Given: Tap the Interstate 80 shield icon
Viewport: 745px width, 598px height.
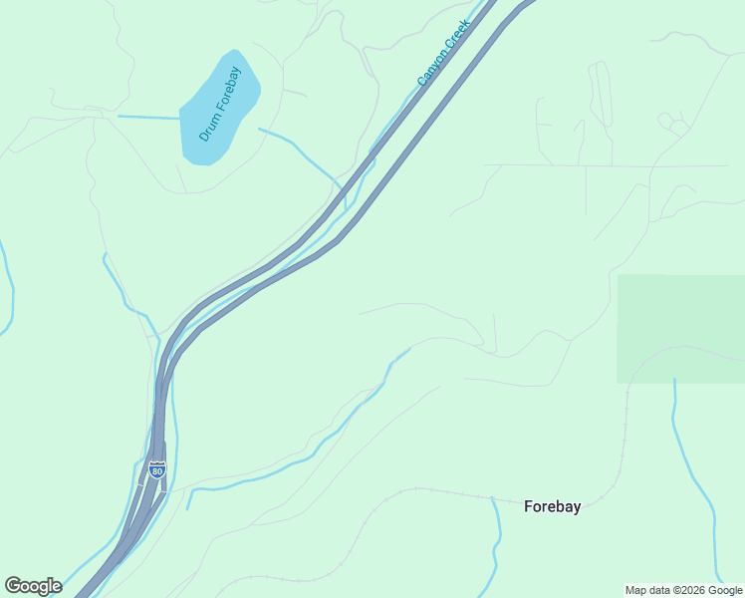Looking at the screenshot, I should [157, 469].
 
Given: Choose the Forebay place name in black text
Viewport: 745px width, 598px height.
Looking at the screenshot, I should [552, 506].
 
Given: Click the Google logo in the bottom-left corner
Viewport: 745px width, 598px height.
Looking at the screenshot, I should [33, 586].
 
